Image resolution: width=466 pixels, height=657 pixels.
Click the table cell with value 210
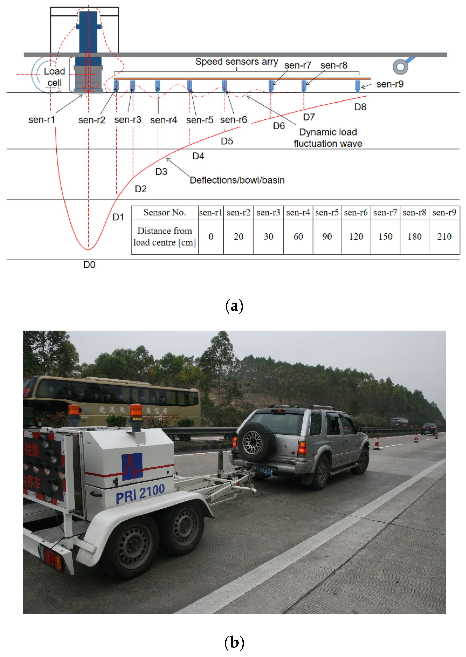(x=444, y=236)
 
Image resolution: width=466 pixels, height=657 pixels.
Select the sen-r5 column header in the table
(x=327, y=213)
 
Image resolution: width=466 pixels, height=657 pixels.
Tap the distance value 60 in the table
(x=298, y=236)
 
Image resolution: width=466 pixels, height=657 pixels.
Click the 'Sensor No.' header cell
(x=164, y=213)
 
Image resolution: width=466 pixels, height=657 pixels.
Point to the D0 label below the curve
(x=89, y=265)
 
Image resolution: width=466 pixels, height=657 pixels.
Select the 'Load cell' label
(x=54, y=77)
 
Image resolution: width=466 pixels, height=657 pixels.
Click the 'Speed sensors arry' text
(x=236, y=62)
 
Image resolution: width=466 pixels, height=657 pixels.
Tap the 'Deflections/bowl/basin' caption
(x=237, y=180)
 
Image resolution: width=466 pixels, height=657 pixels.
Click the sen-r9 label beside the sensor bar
(x=390, y=84)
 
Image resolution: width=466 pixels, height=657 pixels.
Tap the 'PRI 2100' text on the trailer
(x=140, y=494)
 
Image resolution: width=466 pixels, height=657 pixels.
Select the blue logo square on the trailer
(x=132, y=466)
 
